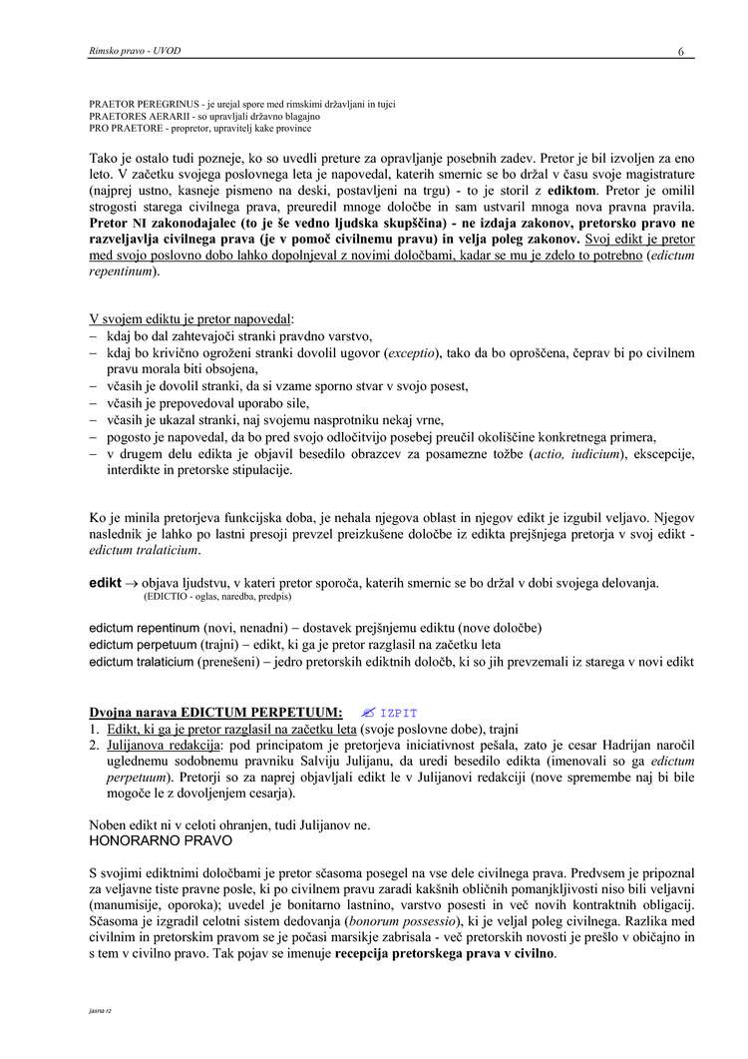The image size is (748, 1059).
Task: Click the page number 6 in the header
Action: click(681, 52)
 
